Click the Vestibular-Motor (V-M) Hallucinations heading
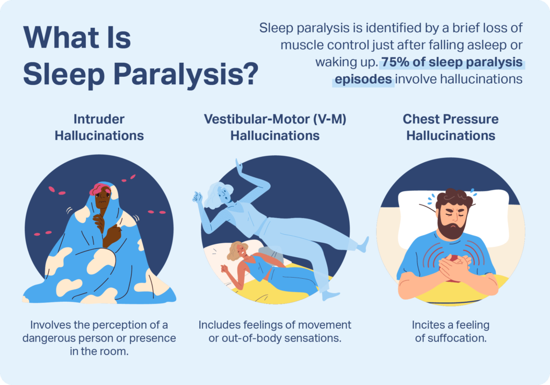(275, 127)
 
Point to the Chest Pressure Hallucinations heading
(451, 127)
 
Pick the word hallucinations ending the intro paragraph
(486, 79)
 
